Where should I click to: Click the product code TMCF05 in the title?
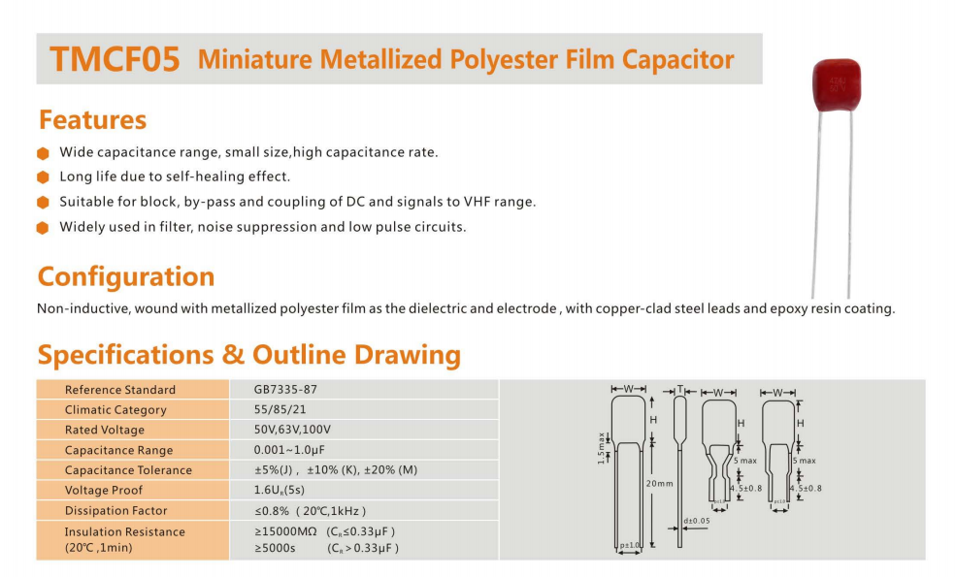(x=115, y=60)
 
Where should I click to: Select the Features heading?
(x=92, y=120)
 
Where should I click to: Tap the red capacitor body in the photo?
(x=836, y=83)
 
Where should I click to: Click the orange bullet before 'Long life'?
(x=43, y=177)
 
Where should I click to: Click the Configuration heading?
(x=126, y=276)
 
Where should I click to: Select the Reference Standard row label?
(x=120, y=390)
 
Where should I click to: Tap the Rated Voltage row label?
(x=105, y=430)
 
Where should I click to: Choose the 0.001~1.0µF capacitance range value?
(x=289, y=450)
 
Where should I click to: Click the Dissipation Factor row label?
(x=115, y=511)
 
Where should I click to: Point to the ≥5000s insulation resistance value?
(x=276, y=548)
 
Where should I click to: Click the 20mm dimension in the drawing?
(x=659, y=483)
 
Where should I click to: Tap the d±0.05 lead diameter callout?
(x=697, y=521)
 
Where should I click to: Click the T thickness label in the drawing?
(x=681, y=390)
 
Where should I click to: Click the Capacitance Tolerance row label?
(x=128, y=470)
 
